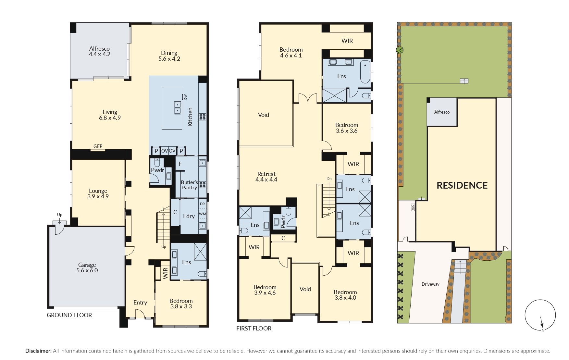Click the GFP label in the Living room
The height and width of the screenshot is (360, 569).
(98, 146)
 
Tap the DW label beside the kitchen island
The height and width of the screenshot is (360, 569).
(186, 97)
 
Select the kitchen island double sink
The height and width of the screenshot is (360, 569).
(178, 107)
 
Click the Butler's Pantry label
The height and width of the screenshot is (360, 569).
(189, 185)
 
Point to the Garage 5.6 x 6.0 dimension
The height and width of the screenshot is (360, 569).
(87, 270)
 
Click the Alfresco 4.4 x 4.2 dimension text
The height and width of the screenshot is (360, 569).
(100, 54)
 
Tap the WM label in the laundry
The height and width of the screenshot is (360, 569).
(202, 214)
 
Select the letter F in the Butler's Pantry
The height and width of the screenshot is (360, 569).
(180, 164)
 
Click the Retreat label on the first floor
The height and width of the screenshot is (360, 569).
(266, 174)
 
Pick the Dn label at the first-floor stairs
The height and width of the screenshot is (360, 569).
(329, 179)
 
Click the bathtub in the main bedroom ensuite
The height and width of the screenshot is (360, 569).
(365, 72)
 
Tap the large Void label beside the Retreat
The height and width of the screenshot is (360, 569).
(263, 115)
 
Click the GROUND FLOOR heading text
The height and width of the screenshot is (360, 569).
(69, 315)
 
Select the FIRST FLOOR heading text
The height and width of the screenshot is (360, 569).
(254, 329)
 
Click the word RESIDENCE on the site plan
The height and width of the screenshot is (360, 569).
(462, 185)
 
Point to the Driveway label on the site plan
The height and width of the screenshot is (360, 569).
(430, 284)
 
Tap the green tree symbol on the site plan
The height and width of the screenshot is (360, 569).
(400, 50)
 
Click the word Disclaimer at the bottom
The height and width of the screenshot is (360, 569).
(38, 351)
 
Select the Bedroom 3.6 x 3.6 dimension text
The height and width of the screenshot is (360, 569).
(347, 131)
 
